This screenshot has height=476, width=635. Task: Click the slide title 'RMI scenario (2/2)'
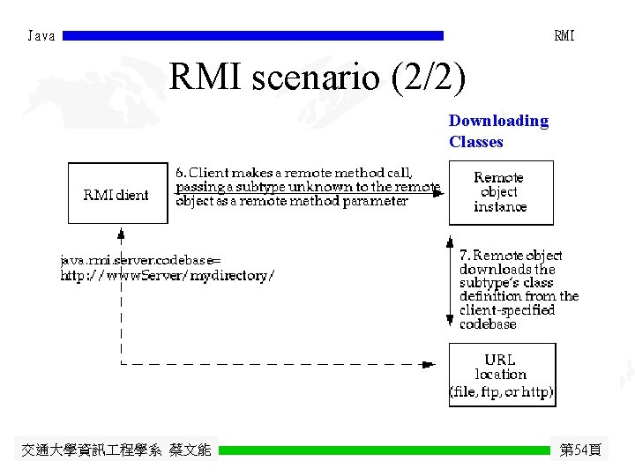point(317,78)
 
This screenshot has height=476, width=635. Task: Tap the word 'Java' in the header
point(41,36)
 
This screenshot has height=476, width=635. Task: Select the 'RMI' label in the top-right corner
point(564,36)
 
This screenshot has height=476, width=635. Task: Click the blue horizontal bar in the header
point(254,36)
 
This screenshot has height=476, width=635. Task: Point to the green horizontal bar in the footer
point(385,450)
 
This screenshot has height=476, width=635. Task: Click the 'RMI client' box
point(117,193)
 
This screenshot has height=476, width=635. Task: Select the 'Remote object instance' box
point(500,192)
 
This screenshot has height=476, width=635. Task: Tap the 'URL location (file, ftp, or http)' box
point(501,374)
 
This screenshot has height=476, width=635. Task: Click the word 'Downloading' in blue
point(498,121)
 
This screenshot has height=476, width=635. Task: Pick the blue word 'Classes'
point(475,142)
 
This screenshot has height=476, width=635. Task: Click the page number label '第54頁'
point(580,450)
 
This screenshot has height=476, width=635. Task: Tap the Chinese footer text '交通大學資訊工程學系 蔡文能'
point(116,450)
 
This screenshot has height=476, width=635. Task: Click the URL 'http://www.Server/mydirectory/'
point(167,275)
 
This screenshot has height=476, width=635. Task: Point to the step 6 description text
point(307,187)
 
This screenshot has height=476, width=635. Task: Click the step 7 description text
point(519,289)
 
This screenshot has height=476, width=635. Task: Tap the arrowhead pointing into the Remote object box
point(440,194)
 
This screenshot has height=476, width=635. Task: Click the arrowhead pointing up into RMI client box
point(120,234)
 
